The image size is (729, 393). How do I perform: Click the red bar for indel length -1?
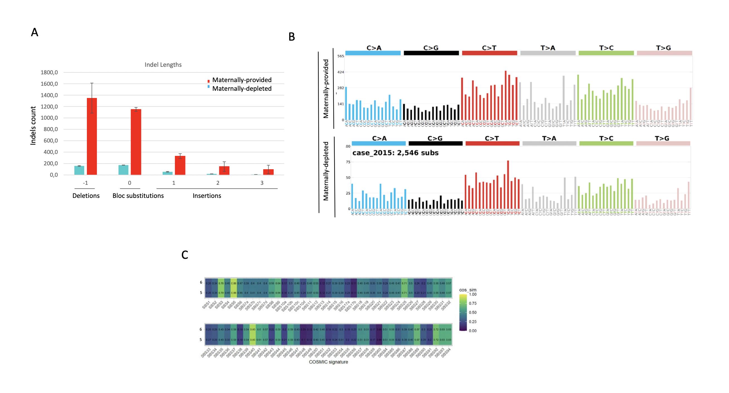click(92, 136)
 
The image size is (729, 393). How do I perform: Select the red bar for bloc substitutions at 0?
click(136, 142)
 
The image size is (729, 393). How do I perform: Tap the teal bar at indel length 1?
click(167, 173)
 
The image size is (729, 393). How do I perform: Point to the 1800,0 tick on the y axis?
click(49, 72)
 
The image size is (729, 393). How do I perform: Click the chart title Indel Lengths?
click(163, 65)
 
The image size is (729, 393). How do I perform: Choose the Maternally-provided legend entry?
click(242, 80)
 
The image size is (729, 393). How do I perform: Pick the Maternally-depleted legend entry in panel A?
click(242, 89)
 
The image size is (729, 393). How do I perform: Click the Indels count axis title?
click(33, 125)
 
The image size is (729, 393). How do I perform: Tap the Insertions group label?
click(207, 196)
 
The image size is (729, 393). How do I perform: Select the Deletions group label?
click(86, 196)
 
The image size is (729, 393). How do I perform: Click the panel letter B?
click(292, 37)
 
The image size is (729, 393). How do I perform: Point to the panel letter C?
click(185, 255)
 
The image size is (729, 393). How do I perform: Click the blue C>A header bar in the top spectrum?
click(373, 53)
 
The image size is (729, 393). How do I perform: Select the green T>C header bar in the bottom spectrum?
click(606, 143)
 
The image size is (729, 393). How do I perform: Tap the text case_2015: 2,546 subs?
click(395, 153)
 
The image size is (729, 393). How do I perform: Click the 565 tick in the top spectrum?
click(341, 56)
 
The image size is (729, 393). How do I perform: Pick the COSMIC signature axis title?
click(328, 362)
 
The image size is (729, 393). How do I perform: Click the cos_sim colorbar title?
click(468, 290)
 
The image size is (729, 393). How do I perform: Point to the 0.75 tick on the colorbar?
click(473, 303)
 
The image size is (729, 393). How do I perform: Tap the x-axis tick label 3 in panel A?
click(262, 183)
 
